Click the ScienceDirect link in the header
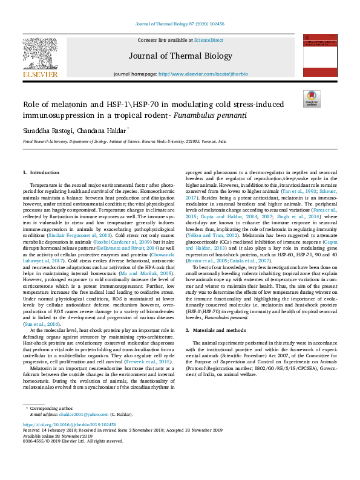pyautogui.click(x=208, y=40)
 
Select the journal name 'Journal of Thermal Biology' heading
pyautogui.click(x=180, y=56)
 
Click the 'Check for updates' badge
pyautogui.click(x=312, y=99)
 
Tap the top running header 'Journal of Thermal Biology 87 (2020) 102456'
pyautogui.click(x=180, y=25)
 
